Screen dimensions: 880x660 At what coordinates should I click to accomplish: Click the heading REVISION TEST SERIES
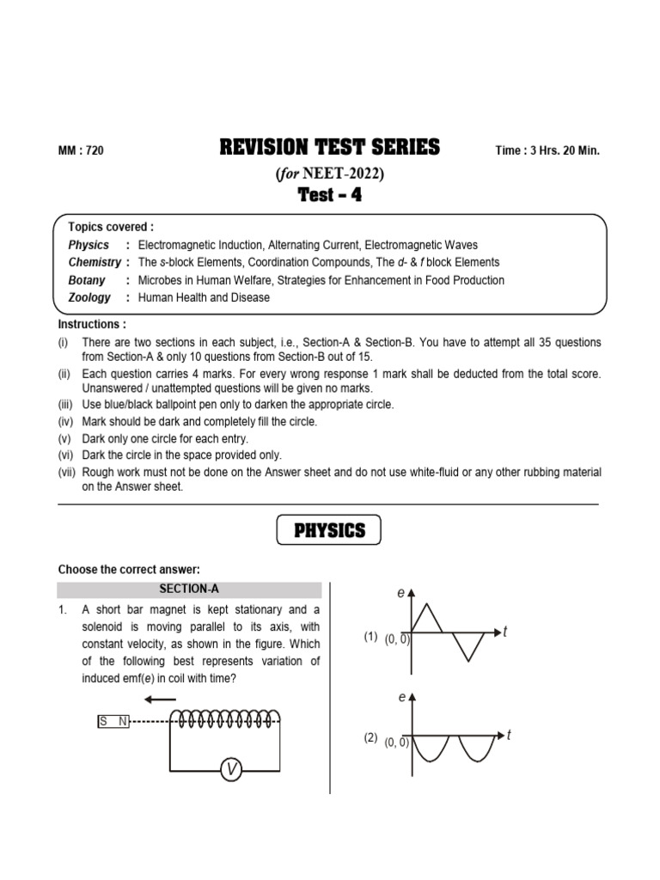(330, 148)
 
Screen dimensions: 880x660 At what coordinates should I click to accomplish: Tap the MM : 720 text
(81, 150)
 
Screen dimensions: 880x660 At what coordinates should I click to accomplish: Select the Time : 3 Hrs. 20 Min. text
(547, 150)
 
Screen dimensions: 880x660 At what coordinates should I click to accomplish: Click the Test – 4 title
(330, 195)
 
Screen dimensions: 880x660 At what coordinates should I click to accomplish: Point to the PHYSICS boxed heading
(330, 530)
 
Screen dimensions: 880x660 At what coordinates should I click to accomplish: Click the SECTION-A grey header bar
(189, 590)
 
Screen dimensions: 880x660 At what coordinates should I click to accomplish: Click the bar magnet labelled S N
(113, 721)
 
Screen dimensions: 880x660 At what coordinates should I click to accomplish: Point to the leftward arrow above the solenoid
(160, 700)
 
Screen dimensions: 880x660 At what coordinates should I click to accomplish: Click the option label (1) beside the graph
(370, 637)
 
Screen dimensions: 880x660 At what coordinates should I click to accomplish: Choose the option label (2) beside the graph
(370, 738)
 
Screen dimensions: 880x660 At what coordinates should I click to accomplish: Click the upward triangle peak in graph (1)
(430, 614)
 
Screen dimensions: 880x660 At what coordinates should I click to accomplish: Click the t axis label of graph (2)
(510, 735)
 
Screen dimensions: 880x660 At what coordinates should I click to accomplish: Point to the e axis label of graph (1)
(400, 593)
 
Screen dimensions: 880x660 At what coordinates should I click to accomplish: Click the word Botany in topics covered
(87, 280)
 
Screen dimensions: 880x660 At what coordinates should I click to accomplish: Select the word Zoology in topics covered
(89, 297)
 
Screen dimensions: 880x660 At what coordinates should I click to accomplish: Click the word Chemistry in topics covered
(95, 262)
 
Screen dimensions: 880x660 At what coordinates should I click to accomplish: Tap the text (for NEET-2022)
(330, 173)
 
